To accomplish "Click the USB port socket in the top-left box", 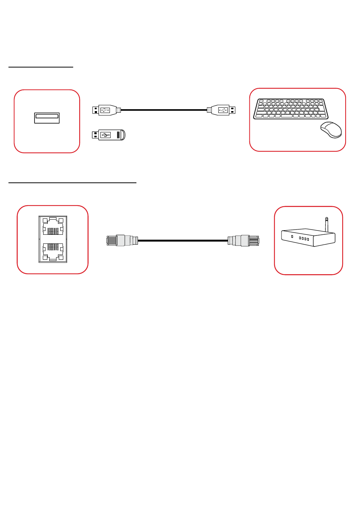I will pos(47,118).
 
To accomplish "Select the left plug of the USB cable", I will pos(106,110).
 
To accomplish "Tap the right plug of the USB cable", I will pos(222,110).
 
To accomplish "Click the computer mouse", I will pos(331,130).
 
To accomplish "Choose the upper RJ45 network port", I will pos(53,228).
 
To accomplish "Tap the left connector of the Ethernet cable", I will pos(121,240).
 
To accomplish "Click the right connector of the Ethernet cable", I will pos(244,240).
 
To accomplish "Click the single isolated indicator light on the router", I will pos(292,237).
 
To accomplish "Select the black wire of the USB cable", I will pos(164,110).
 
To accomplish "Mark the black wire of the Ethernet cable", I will pos(183,240).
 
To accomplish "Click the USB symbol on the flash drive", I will pos(105,135).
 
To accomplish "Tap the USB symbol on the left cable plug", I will pos(105,110).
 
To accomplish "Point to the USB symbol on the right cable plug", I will pos(223,110).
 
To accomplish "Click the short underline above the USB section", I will pos(41,67).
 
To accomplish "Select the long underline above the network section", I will pos(72,182).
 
